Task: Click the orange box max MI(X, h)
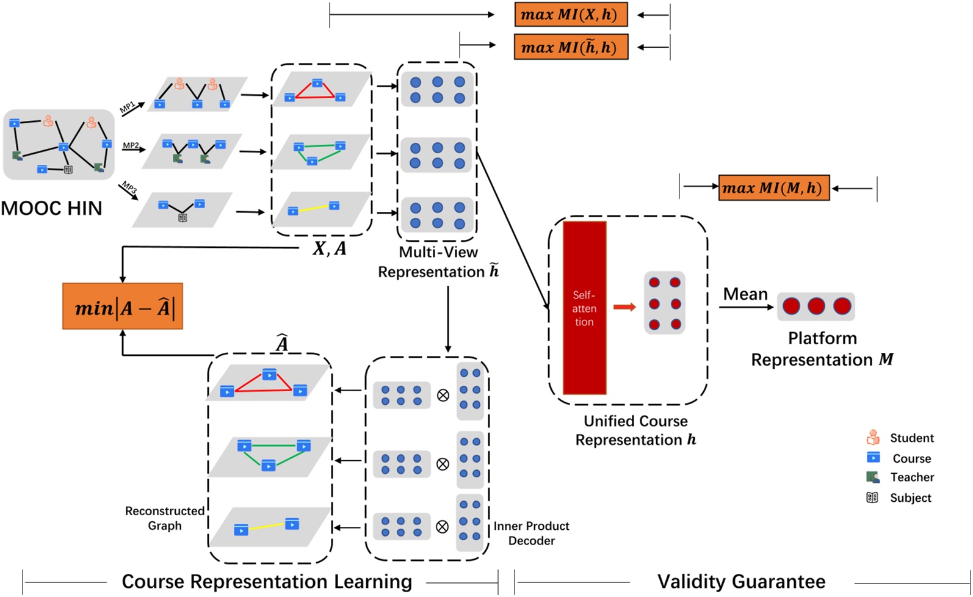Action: pyautogui.click(x=571, y=15)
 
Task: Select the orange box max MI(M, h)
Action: pyautogui.click(x=773, y=188)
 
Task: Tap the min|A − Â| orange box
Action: pyautogui.click(x=123, y=306)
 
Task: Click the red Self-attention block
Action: pyautogui.click(x=584, y=308)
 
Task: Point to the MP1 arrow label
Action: pyautogui.click(x=127, y=108)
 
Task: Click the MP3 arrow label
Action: pyautogui.click(x=128, y=186)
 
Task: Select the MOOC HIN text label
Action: pyautogui.click(x=51, y=208)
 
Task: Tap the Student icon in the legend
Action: pyautogui.click(x=873, y=438)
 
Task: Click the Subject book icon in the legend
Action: pyautogui.click(x=872, y=497)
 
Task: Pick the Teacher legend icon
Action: pyautogui.click(x=873, y=477)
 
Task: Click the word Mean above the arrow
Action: pyautogui.click(x=745, y=294)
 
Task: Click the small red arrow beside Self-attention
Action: pyautogui.click(x=624, y=307)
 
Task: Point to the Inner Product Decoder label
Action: pyautogui.click(x=531, y=533)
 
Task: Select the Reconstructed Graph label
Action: pyautogui.click(x=165, y=518)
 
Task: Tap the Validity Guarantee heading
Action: pyautogui.click(x=741, y=581)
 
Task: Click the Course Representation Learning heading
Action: pyautogui.click(x=267, y=581)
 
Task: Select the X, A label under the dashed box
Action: pyautogui.click(x=329, y=248)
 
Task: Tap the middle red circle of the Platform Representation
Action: pyautogui.click(x=816, y=306)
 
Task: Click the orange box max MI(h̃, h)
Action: pyautogui.click(x=571, y=47)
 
